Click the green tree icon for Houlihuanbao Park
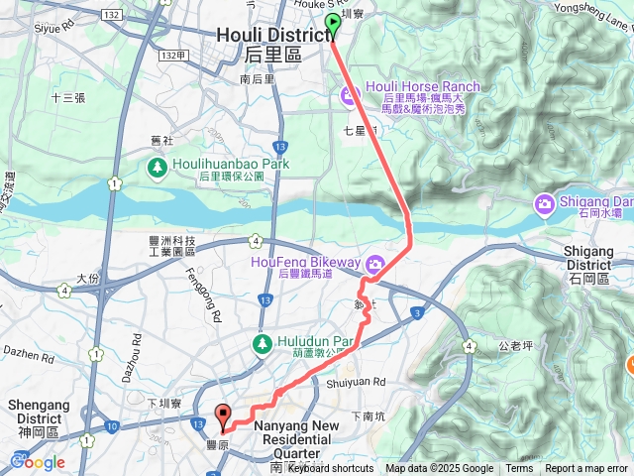point(157,169)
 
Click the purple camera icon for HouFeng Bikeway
point(374,264)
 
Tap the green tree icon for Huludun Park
point(263,344)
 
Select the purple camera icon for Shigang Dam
point(544,205)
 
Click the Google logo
point(38,462)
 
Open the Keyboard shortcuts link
point(326,469)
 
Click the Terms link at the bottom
point(519,469)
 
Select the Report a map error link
point(586,469)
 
